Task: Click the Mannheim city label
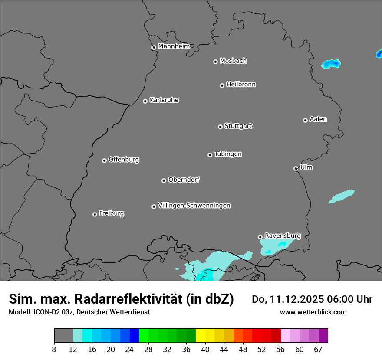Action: pyautogui.click(x=174, y=46)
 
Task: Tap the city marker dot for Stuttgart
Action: pyautogui.click(x=220, y=127)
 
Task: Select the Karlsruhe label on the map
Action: pyautogui.click(x=164, y=100)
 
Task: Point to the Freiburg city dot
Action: pyautogui.click(x=95, y=214)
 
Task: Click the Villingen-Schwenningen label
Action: pyautogui.click(x=194, y=206)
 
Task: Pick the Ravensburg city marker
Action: pyautogui.click(x=260, y=237)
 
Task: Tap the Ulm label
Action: pyautogui.click(x=306, y=167)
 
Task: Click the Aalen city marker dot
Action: pyautogui.click(x=305, y=120)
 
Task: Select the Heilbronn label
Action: pyautogui.click(x=241, y=85)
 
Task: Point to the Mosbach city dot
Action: pyautogui.click(x=215, y=62)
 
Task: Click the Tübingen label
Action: pyautogui.click(x=228, y=154)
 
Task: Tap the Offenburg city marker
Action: pyautogui.click(x=104, y=160)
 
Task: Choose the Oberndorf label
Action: pyautogui.click(x=184, y=180)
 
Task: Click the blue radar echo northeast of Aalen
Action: pyautogui.click(x=331, y=64)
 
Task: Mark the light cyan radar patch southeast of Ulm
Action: pyautogui.click(x=342, y=196)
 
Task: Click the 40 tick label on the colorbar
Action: pyautogui.click(x=205, y=350)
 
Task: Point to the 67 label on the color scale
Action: pyautogui.click(x=318, y=350)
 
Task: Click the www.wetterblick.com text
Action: pyautogui.click(x=313, y=312)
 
